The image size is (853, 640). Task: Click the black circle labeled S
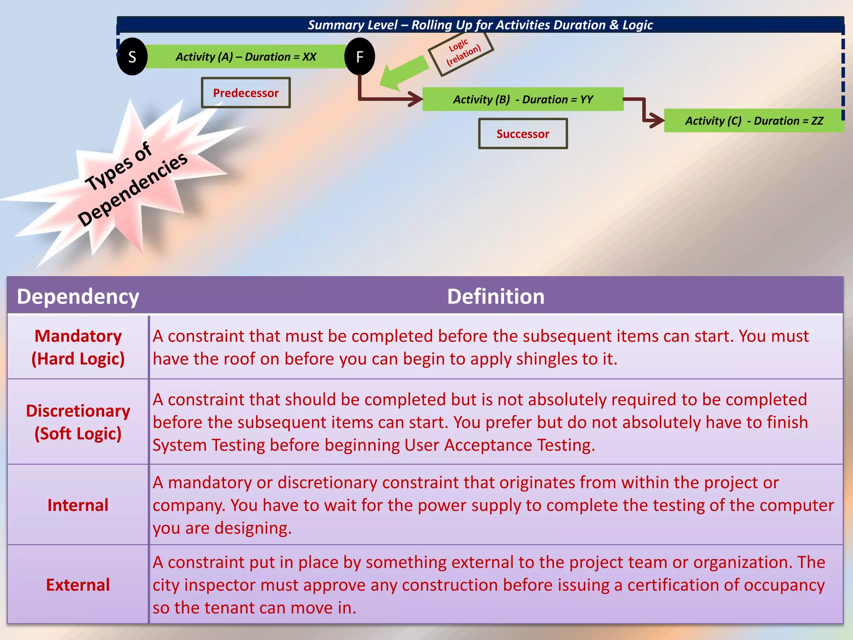[x=132, y=57]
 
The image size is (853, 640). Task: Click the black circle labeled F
[x=360, y=57]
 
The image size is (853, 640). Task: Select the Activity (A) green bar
[x=246, y=57]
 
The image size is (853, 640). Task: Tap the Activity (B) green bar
[x=523, y=99]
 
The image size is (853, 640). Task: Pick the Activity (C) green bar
[x=754, y=121]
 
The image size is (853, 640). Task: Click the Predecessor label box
[x=246, y=92]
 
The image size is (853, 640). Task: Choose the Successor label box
[x=523, y=134]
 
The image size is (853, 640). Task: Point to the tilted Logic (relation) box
[x=461, y=53]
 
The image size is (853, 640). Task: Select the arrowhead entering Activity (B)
[x=416, y=99]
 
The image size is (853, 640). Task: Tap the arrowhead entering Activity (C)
[x=657, y=120]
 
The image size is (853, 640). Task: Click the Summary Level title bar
[x=480, y=25]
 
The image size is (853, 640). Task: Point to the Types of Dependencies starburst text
[x=133, y=183]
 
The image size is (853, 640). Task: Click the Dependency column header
[x=78, y=297]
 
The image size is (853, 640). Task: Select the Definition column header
[x=496, y=297]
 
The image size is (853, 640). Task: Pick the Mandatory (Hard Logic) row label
[x=78, y=347]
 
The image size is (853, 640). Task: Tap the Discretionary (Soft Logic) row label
[x=78, y=422]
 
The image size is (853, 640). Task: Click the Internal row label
[x=78, y=505]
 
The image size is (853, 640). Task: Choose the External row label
[x=78, y=585]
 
